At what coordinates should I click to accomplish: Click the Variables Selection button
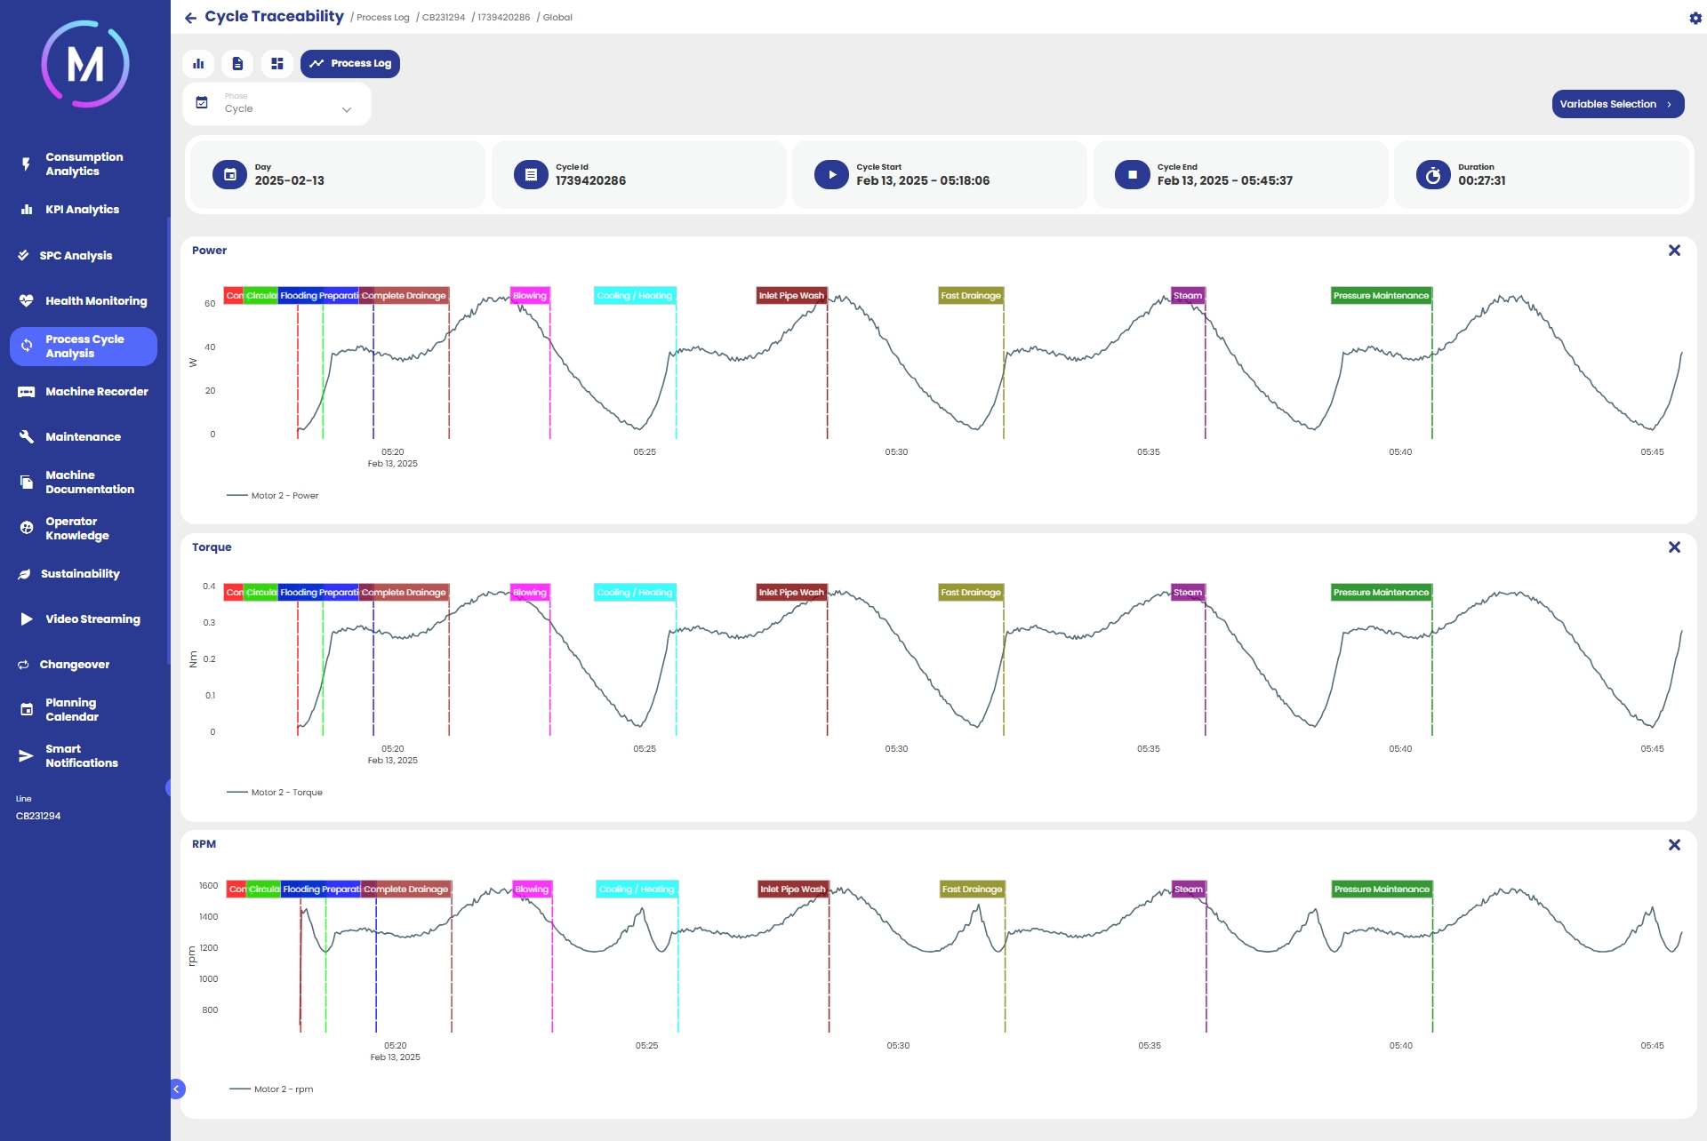(1617, 104)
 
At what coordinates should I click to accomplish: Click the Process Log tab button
(350, 64)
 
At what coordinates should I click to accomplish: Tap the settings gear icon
(1695, 18)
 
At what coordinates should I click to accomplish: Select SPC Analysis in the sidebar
(76, 256)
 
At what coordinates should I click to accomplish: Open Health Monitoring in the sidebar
(95, 301)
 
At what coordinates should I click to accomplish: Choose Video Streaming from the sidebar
(92, 619)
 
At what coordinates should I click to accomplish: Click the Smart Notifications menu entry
(81, 756)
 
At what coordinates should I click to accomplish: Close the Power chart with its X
(1674, 251)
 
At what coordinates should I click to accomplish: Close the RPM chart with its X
(1674, 844)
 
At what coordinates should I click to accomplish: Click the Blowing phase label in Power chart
(530, 296)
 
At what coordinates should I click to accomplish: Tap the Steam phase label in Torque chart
(1188, 593)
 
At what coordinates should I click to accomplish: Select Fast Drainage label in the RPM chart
(972, 890)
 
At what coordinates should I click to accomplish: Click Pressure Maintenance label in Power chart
(1381, 296)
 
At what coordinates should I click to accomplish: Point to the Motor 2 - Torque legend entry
(285, 793)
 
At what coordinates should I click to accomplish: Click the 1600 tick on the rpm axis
(209, 886)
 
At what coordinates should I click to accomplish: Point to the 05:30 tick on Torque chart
(896, 749)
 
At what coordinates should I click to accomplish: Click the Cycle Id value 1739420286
(590, 181)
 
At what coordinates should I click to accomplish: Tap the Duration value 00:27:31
(1481, 181)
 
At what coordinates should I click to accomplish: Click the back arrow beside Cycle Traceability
(190, 18)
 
